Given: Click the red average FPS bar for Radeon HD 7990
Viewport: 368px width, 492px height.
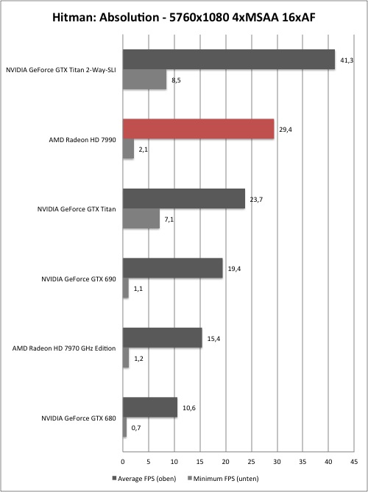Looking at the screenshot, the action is tap(198, 129).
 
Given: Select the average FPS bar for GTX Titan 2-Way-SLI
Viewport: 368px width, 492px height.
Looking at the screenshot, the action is tap(229, 60).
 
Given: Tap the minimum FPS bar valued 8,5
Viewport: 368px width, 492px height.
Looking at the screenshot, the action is tap(144, 80).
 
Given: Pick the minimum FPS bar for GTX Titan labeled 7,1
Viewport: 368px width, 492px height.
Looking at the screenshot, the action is tap(141, 219).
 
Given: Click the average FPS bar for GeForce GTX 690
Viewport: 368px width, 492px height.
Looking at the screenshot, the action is tap(173, 268).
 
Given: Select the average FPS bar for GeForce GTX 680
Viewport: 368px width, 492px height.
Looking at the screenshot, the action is tap(150, 407).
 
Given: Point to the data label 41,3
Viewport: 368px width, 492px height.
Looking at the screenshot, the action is tap(347, 60).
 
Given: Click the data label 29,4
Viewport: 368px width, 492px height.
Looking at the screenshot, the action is tap(286, 130).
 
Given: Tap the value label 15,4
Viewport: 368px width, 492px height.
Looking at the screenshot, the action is tap(213, 339).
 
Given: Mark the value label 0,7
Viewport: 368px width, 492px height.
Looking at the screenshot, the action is tap(137, 428).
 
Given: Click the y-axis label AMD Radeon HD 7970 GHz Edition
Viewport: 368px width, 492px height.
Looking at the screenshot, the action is tap(64, 348).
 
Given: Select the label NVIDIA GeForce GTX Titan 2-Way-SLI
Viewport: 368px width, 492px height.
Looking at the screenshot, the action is tap(61, 70).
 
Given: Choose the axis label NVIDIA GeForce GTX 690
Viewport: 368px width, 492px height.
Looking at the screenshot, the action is tap(79, 278).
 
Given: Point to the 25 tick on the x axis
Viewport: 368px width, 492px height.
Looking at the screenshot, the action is tap(251, 462).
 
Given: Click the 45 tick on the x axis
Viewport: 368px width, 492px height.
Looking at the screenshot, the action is tap(354, 462).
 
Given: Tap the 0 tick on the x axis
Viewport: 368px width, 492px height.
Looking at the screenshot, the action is tap(123, 462).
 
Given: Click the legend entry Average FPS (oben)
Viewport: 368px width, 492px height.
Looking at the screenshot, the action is tap(144, 479).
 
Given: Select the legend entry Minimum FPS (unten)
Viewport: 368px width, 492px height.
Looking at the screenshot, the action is tap(224, 479).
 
